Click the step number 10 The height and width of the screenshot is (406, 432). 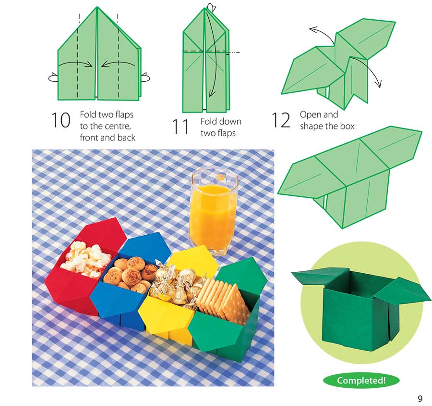tap(60, 120)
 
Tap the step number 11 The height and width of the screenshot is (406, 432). tap(181, 127)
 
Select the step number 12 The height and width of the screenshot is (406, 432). tap(281, 120)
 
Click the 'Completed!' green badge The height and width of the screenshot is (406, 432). tap(361, 380)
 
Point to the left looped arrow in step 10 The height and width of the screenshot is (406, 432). tap(53, 76)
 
